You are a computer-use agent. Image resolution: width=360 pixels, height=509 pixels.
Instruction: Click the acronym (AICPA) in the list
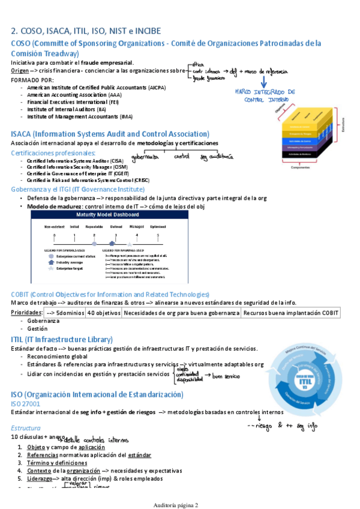tap(157, 88)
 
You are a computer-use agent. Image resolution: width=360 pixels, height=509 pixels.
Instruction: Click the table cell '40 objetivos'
tap(103, 313)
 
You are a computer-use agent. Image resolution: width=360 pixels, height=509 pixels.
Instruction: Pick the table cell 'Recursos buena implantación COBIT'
tap(290, 313)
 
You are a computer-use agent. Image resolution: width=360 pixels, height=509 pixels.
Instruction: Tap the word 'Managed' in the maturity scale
tap(136, 226)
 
